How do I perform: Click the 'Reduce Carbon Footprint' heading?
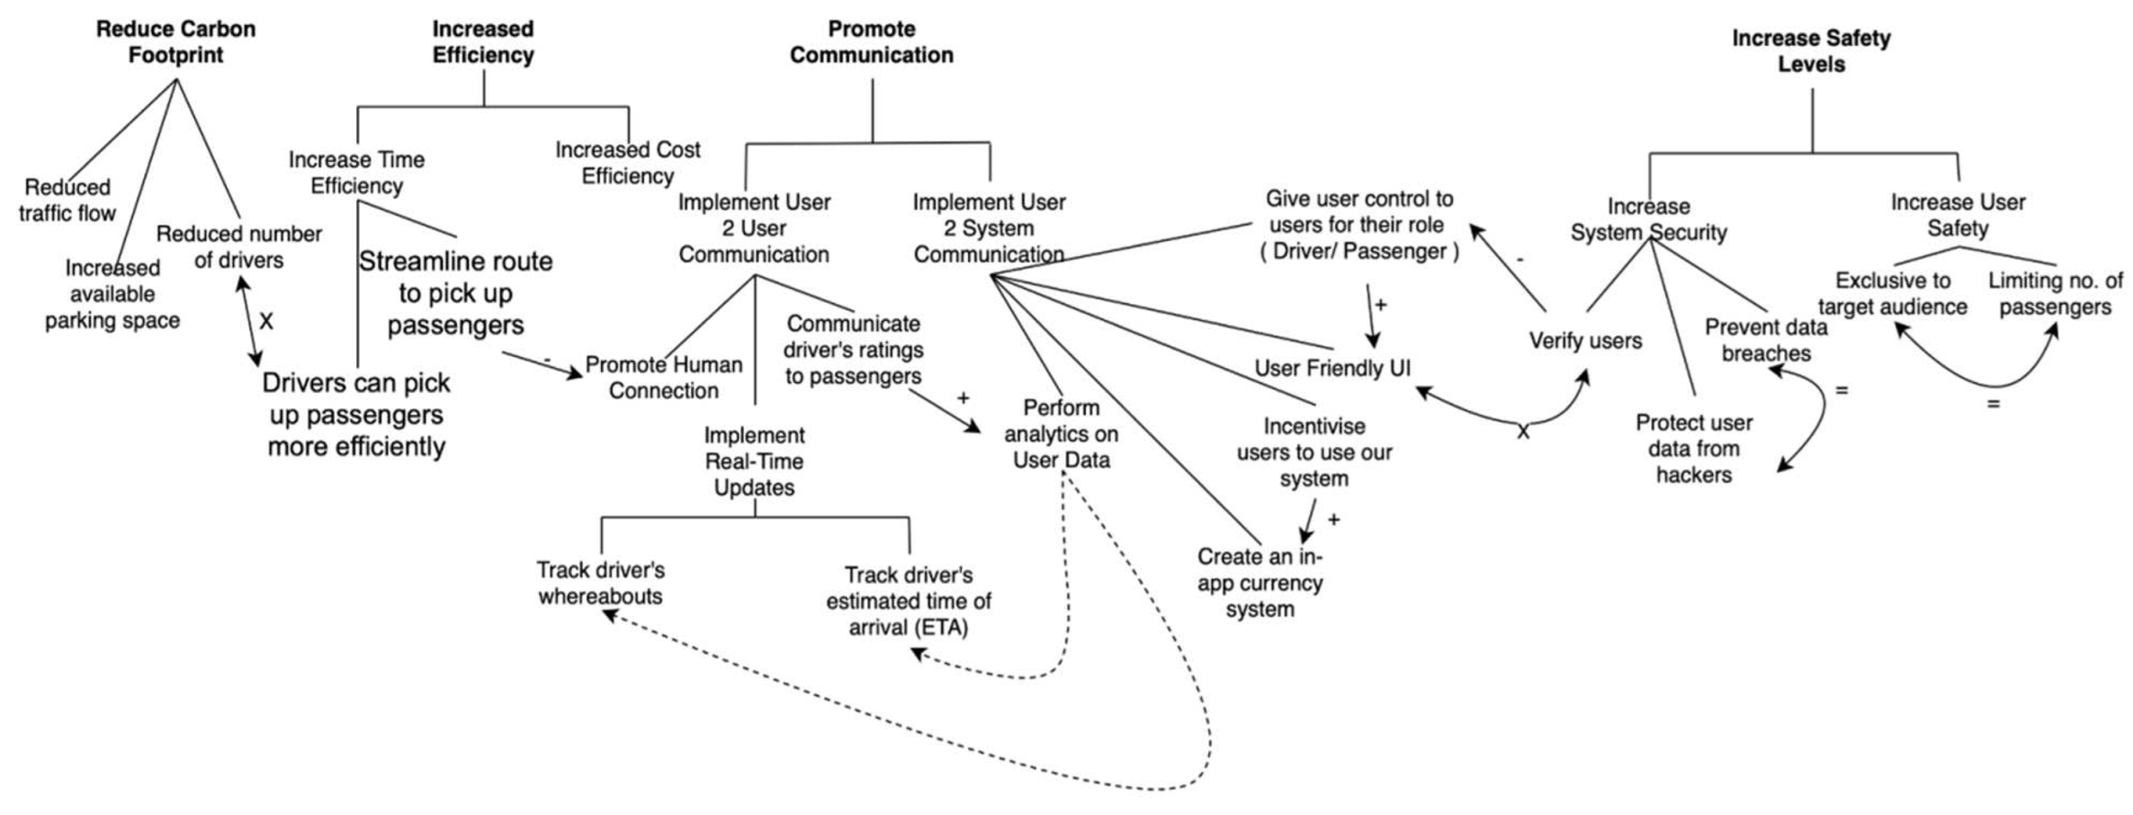175,42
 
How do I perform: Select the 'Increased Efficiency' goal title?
483,42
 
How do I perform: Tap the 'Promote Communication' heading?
871,42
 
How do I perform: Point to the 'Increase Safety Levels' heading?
1811,51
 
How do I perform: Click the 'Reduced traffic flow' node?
67,201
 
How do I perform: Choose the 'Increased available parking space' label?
112,294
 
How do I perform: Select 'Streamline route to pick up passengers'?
455,293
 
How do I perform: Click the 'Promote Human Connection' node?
664,378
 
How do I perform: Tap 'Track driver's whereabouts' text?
600,583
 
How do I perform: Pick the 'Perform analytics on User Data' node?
1062,434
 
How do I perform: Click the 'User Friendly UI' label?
1332,368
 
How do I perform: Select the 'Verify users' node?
1585,341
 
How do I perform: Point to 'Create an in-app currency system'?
1259,583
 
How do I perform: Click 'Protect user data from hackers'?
1693,448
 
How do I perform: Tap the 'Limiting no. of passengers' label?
2055,293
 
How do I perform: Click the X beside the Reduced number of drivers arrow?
266,322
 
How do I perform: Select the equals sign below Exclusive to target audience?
1994,405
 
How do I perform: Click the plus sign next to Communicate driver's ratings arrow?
963,399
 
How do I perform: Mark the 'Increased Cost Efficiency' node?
627,163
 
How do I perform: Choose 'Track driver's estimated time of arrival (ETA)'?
909,601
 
